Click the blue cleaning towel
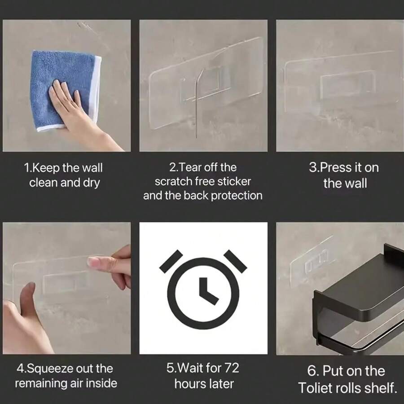(64, 90)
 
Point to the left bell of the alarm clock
(171, 262)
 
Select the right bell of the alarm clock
(235, 261)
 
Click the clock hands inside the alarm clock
(207, 291)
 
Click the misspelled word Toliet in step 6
(313, 388)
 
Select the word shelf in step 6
(383, 388)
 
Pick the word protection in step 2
(237, 196)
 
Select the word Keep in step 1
(46, 168)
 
